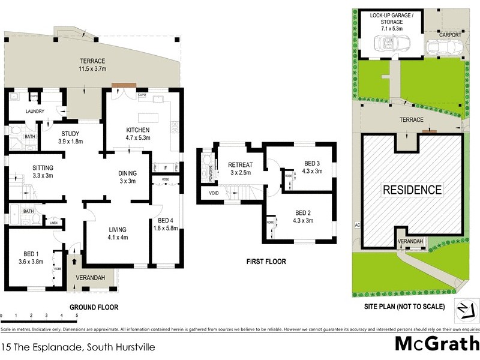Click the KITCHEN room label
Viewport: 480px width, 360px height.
click(137, 130)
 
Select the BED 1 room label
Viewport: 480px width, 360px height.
click(31, 253)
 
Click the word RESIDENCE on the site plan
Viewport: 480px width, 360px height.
click(413, 190)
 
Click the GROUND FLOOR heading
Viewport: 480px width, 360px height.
click(94, 307)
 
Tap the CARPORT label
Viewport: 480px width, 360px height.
click(450, 35)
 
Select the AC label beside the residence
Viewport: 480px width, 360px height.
click(356, 226)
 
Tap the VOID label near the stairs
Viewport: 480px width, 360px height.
click(214, 193)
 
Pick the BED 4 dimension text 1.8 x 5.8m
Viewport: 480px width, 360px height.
click(165, 228)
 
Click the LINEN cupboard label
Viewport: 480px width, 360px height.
click(53, 222)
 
